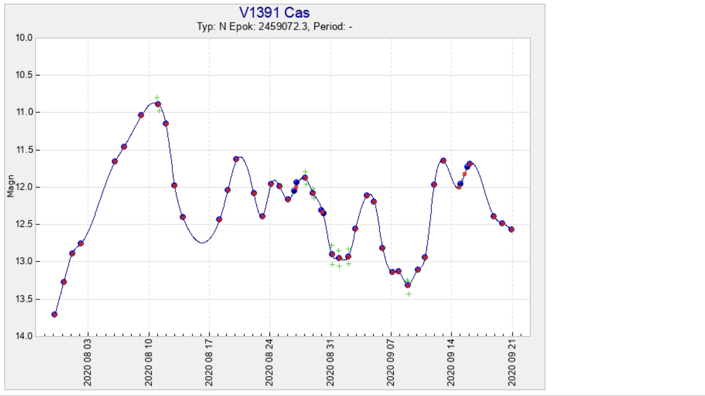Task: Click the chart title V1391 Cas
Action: coord(274,13)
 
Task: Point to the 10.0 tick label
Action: coord(25,38)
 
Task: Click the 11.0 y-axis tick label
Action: coord(25,112)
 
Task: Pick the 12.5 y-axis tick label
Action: coord(25,224)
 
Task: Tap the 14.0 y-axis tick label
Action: coord(25,336)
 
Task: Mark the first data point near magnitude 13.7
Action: coord(54,314)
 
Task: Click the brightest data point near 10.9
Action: coord(158,104)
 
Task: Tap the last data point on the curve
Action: coord(512,229)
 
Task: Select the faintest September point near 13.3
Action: coord(407,285)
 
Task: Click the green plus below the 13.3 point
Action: coord(409,294)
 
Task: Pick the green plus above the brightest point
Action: coord(157,98)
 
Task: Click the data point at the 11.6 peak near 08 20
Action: coord(236,159)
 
